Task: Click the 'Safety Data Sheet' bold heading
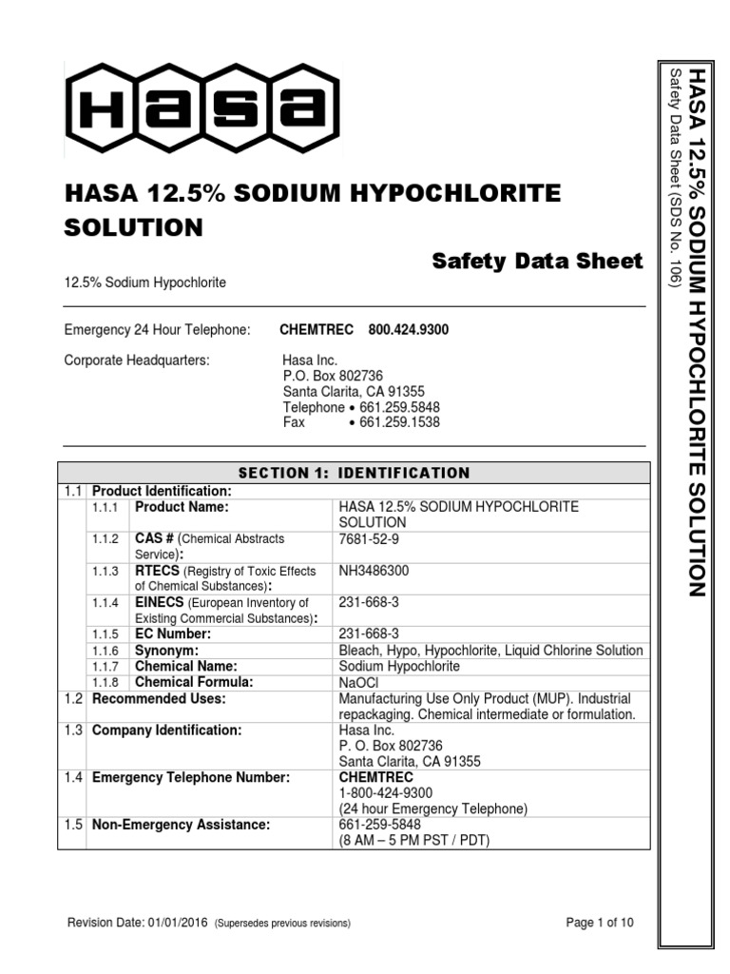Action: [x=537, y=261]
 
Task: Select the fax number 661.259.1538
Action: [x=399, y=422]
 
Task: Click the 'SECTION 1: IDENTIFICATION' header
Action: [x=354, y=473]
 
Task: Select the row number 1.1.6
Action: [x=106, y=651]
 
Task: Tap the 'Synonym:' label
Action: [x=166, y=651]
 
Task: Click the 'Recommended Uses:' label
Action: [x=158, y=699]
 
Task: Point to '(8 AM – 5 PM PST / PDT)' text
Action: [x=414, y=841]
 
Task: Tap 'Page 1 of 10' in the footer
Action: [x=599, y=923]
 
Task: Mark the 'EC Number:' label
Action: [x=172, y=634]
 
